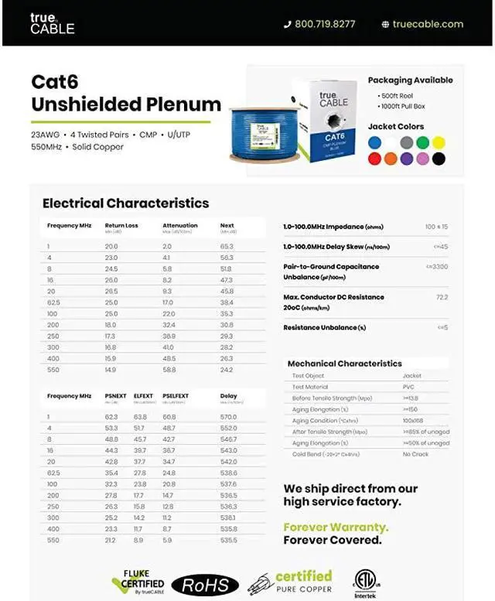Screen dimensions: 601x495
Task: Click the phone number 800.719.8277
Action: (x=326, y=24)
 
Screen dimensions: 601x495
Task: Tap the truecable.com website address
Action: (x=427, y=24)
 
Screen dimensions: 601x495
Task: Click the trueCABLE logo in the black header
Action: (x=52, y=23)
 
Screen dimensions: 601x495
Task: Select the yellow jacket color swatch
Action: (x=439, y=142)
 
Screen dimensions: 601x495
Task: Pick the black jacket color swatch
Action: (x=439, y=159)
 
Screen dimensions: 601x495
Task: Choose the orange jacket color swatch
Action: (x=391, y=159)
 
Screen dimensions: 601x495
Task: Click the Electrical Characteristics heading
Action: (x=125, y=203)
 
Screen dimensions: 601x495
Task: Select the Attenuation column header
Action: (x=179, y=226)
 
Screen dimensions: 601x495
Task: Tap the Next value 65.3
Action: (x=227, y=246)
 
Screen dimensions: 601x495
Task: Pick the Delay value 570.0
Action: (x=228, y=417)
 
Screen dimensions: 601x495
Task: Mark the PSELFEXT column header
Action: (x=176, y=396)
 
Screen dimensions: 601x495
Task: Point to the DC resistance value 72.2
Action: (x=442, y=297)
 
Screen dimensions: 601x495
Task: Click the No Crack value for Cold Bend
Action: (x=416, y=454)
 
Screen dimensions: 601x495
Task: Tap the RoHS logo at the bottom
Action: (x=205, y=584)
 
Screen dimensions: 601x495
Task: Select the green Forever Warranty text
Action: (x=336, y=528)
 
